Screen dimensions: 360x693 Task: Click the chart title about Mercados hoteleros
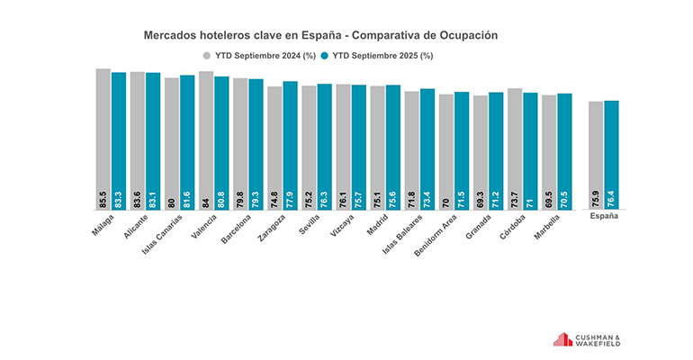[321, 35]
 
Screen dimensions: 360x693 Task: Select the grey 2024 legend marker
[206, 55]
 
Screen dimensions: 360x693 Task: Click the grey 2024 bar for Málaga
[103, 135]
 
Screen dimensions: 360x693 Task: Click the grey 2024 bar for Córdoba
[515, 144]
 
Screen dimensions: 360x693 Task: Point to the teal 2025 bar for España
[612, 148]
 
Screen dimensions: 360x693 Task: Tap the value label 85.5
[103, 199]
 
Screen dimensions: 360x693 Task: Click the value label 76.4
[612, 199]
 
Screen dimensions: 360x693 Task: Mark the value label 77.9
[290, 199]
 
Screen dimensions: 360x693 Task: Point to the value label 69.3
[481, 199]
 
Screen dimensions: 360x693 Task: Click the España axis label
[604, 217]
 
